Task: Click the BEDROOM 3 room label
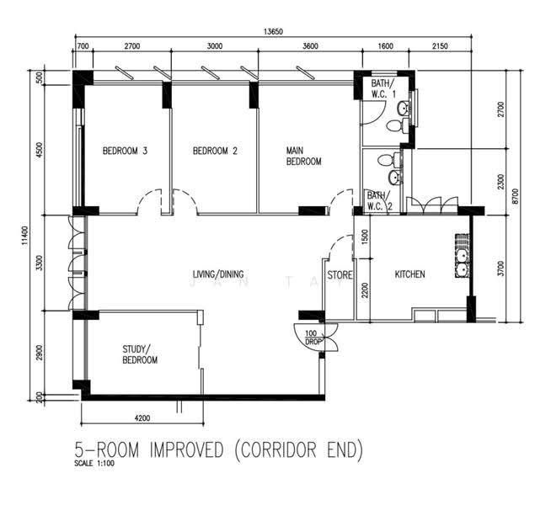[x=125, y=151]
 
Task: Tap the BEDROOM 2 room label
[x=215, y=151]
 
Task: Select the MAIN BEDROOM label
[x=303, y=157]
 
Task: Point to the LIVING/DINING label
[x=218, y=274]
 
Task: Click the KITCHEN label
[x=409, y=274]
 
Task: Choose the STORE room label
[x=340, y=274]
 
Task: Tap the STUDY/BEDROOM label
[x=140, y=354]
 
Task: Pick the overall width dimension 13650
[x=273, y=32]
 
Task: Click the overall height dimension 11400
[x=24, y=236]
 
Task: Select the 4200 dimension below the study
[x=142, y=418]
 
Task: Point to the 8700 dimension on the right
[x=515, y=196]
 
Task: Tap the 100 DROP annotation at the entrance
[x=312, y=338]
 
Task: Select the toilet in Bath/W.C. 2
[x=389, y=160]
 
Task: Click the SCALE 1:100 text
[x=94, y=463]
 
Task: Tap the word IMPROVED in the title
[x=186, y=450]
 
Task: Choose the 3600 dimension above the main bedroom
[x=310, y=46]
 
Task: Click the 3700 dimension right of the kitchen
[x=500, y=268]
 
